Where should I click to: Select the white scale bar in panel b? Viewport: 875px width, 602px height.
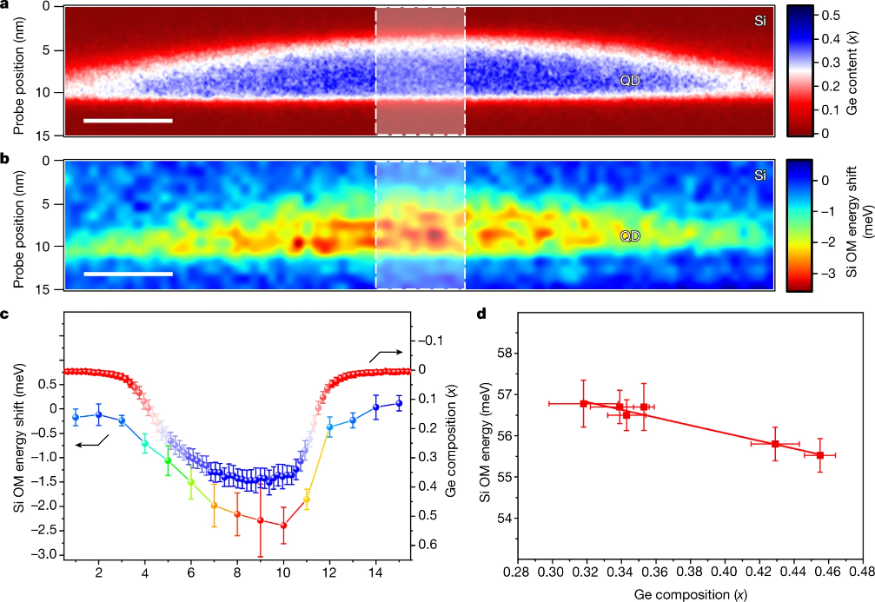128,274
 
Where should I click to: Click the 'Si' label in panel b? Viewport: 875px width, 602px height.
760,175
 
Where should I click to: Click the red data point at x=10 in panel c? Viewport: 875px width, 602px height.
283,526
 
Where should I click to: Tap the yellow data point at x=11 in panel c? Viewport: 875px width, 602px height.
307,499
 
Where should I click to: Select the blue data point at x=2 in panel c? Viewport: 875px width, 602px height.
99,415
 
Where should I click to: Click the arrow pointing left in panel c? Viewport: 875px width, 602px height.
86,443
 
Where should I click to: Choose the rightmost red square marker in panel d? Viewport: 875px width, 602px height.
820,454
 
